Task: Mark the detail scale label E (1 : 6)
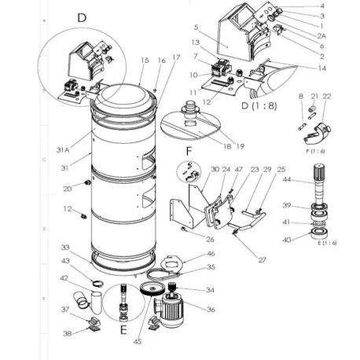click(x=324, y=243)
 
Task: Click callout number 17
click(x=176, y=57)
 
